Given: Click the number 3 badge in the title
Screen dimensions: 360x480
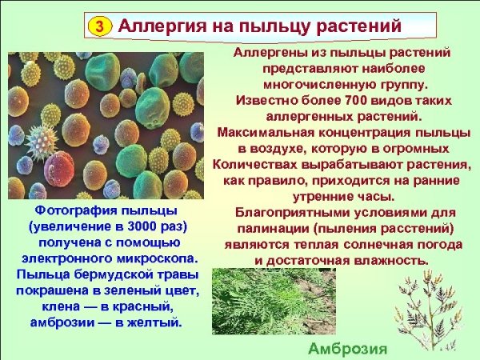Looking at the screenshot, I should point(99,26).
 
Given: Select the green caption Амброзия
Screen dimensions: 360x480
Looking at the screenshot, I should point(348,349).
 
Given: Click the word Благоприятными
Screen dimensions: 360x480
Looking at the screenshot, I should point(286,213).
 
